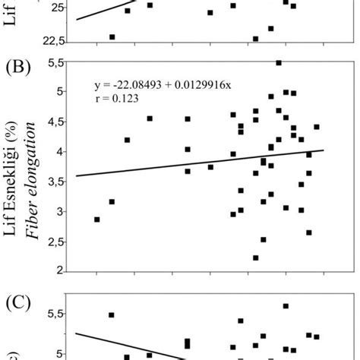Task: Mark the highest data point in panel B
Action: click(279, 62)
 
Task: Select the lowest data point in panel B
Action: click(256, 257)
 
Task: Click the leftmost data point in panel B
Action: click(96, 219)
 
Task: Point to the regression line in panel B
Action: click(190, 163)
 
